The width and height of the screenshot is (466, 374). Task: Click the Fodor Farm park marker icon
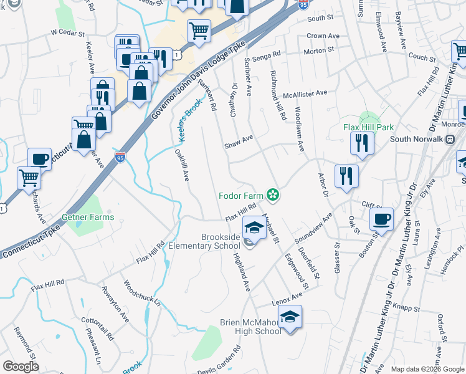click(273, 195)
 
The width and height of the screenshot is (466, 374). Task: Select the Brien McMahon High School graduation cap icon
click(290, 318)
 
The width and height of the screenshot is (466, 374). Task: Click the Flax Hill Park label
click(369, 127)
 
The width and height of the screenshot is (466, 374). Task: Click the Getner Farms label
click(88, 217)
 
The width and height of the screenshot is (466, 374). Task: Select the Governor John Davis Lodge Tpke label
click(199, 78)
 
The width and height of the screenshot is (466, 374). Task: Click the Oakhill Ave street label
click(182, 165)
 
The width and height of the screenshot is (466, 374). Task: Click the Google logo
click(21, 367)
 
